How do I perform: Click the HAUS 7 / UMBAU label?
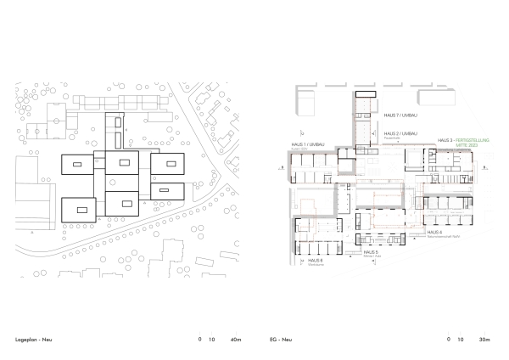point(401,115)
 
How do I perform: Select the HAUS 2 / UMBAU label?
point(401,133)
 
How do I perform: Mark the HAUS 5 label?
point(370,252)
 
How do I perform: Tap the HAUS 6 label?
point(316,259)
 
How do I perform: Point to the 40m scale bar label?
point(236,339)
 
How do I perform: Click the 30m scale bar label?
point(485,339)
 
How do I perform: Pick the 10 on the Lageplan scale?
point(211,339)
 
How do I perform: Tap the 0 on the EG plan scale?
point(448,339)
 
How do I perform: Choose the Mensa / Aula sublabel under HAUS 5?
point(370,257)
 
